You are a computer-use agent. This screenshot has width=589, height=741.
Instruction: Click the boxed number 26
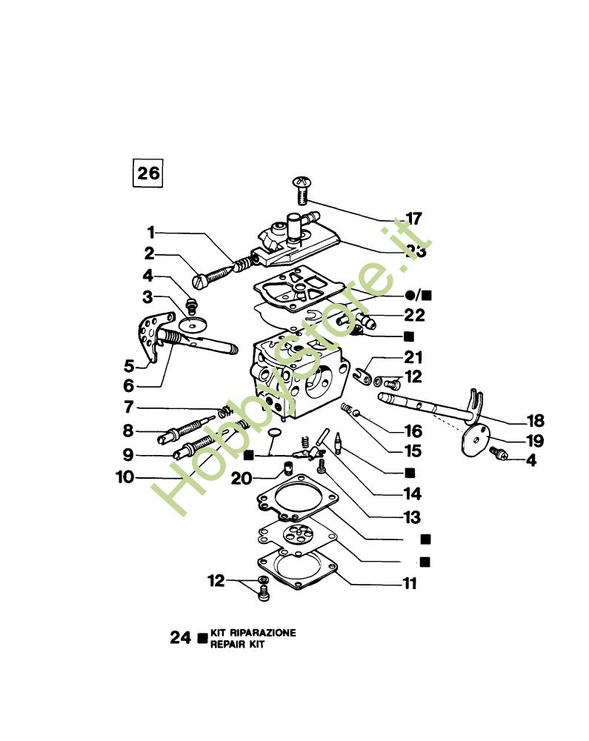147,173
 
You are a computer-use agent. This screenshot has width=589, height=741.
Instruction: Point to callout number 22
414,315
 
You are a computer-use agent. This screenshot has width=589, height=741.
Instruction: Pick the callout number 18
533,420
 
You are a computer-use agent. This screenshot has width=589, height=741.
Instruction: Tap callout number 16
413,431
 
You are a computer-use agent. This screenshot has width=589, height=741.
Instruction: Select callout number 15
413,451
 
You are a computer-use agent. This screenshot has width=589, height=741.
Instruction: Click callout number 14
411,493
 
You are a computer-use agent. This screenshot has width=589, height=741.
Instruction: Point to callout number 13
411,517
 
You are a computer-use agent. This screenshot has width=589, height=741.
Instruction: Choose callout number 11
409,584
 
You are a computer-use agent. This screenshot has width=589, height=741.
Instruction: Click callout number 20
242,479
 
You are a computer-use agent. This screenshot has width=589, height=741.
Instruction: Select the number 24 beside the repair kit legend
181,638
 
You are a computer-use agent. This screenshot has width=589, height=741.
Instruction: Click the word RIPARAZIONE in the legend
264,633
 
